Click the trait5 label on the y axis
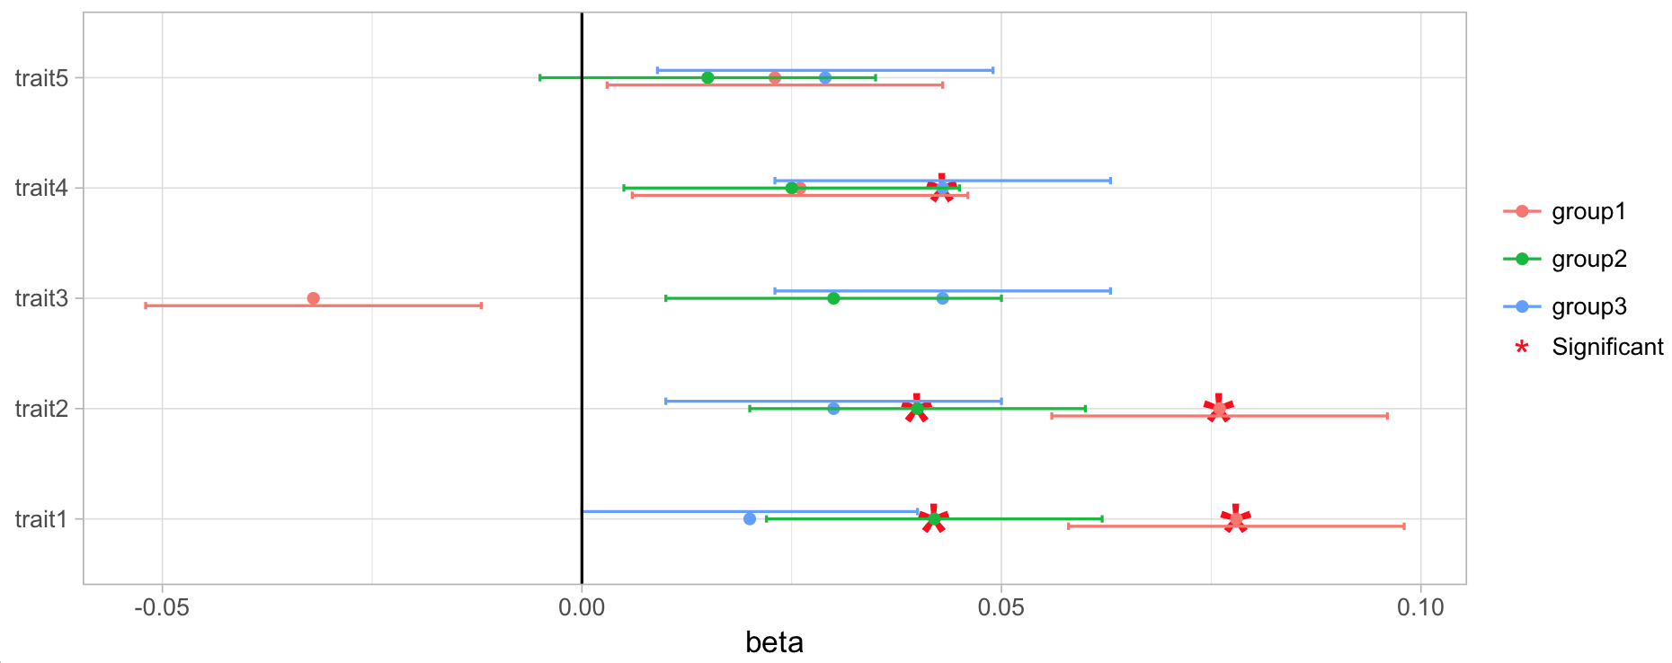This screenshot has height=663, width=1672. [41, 78]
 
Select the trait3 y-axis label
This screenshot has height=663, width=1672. [41, 298]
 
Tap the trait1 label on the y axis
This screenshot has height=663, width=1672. [41, 519]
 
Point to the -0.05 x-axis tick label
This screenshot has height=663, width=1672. [162, 608]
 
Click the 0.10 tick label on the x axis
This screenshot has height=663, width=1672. [1420, 608]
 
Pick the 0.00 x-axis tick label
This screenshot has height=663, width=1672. [582, 608]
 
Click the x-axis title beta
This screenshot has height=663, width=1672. [774, 642]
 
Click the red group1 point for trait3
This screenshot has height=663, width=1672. [313, 298]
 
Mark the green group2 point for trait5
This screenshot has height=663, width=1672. [707, 78]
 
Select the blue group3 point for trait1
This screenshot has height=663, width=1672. [750, 519]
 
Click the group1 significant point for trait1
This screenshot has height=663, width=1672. [1236, 519]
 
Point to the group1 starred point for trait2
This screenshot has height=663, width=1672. [1219, 409]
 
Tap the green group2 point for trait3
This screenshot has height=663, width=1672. [833, 298]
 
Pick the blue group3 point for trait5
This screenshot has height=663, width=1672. [825, 78]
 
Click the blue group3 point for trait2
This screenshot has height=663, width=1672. [833, 409]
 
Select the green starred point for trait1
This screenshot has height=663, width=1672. [934, 519]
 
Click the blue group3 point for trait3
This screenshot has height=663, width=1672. [942, 298]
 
